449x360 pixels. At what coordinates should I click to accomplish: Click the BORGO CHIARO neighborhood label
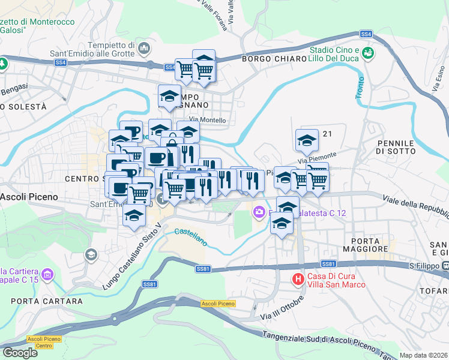click(271, 59)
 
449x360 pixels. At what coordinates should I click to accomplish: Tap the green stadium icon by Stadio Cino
click(367, 54)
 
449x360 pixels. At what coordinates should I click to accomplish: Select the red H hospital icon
click(297, 278)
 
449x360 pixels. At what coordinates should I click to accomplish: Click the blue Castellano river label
click(190, 237)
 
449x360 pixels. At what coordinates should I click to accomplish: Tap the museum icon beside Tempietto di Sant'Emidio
click(143, 47)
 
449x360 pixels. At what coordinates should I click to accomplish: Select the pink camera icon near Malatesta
click(259, 211)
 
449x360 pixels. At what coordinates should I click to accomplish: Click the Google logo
click(20, 353)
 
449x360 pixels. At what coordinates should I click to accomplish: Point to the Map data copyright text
click(423, 355)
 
